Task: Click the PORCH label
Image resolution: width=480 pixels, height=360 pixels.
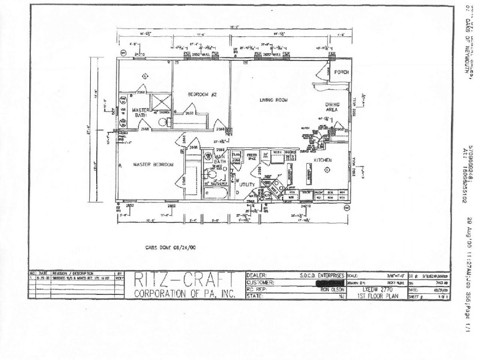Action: click(342, 72)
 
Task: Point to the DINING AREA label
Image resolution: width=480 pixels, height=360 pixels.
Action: click(333, 106)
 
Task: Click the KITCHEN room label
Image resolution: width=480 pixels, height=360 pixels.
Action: click(322, 160)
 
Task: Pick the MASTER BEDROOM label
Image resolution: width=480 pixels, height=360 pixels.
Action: click(153, 165)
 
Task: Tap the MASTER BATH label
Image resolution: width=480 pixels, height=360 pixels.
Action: click(140, 112)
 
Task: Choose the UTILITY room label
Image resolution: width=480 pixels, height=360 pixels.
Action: click(247, 184)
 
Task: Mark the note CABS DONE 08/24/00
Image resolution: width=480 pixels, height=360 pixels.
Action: click(171, 247)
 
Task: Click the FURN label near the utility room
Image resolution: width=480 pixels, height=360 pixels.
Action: click(236, 155)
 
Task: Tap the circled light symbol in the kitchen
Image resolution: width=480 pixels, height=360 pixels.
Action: click(327, 170)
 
